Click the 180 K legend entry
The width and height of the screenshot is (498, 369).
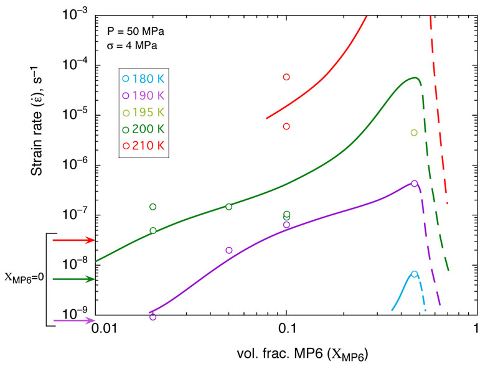click(144, 79)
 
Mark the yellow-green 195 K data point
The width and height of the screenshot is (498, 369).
click(414, 133)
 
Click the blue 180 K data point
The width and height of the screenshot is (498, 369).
click(415, 274)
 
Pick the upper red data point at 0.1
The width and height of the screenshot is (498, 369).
click(286, 77)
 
